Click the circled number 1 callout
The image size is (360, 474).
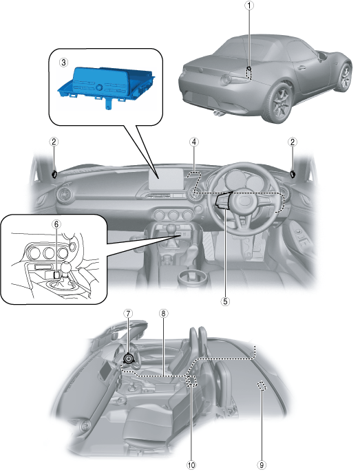(x=249, y=6)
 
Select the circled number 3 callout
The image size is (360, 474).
(x=63, y=63)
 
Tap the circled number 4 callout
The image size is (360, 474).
(x=194, y=142)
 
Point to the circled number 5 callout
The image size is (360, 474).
(x=225, y=301)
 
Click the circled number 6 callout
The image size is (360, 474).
(x=56, y=224)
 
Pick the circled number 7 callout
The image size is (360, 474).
(x=128, y=314)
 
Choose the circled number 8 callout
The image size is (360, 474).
(x=163, y=314)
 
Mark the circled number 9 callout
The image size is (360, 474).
(x=262, y=465)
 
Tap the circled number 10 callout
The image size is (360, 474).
(x=191, y=465)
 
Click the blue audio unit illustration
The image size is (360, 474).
(x=106, y=83)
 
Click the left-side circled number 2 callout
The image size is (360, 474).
(x=54, y=142)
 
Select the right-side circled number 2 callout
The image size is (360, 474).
(x=293, y=142)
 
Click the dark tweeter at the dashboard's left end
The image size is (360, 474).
(x=54, y=174)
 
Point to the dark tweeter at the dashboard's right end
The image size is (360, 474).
(x=293, y=173)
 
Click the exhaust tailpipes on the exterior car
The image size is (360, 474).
(x=218, y=114)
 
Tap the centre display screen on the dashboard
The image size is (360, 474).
(x=166, y=178)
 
